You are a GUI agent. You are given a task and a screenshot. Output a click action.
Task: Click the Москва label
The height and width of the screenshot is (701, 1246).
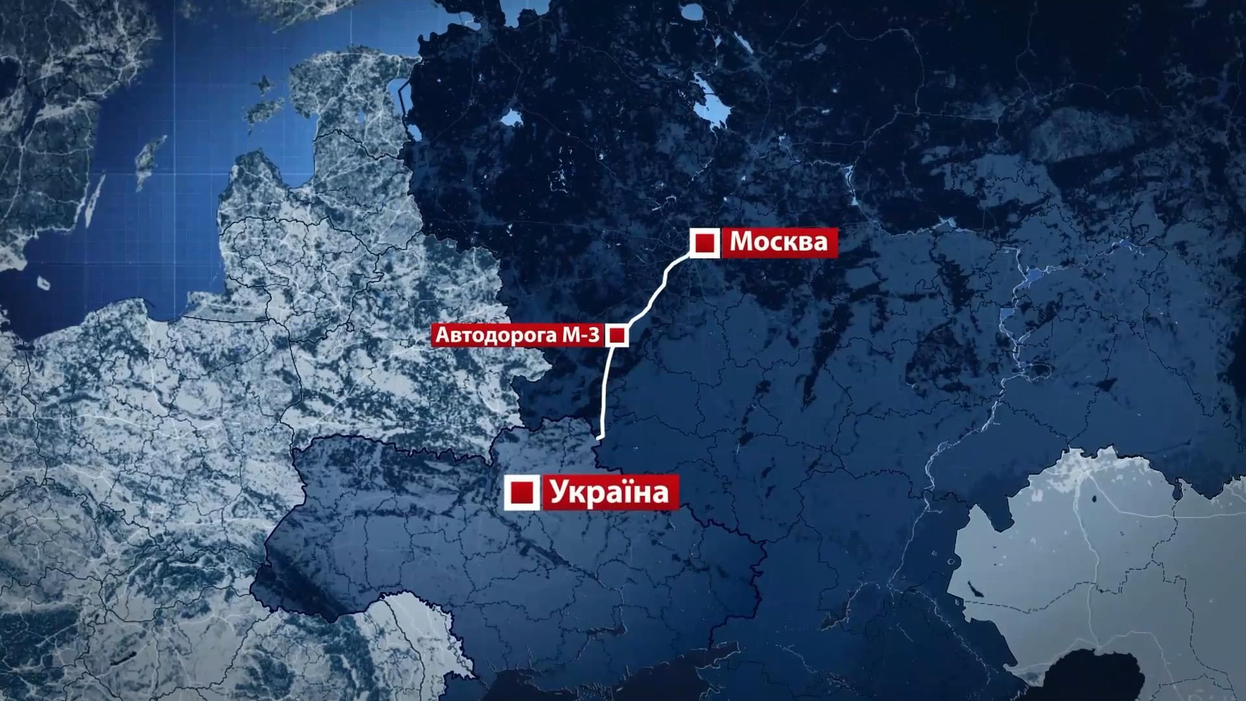(779, 242)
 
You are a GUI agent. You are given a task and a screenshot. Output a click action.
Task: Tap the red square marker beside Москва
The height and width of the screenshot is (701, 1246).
(704, 243)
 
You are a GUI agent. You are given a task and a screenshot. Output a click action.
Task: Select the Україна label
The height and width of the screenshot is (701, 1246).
(609, 492)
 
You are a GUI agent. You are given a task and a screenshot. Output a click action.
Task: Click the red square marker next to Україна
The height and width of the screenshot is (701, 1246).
(522, 493)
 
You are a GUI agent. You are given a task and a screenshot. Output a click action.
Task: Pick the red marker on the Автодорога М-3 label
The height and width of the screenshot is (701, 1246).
(617, 336)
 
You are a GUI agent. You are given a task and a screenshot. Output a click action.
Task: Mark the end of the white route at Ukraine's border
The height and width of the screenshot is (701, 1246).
(600, 438)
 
